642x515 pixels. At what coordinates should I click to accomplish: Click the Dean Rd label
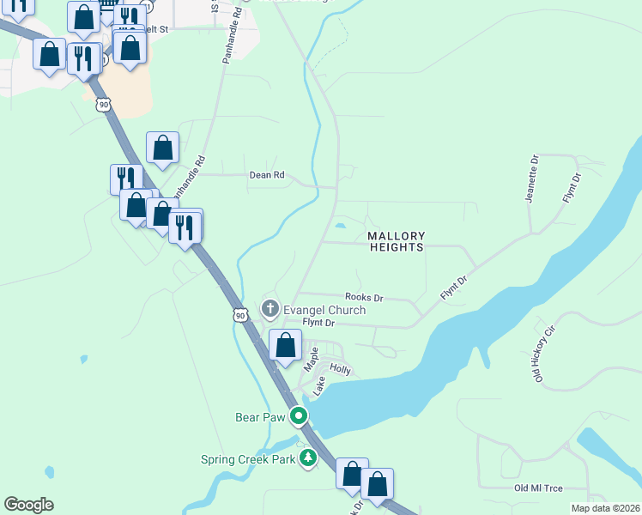point(266,175)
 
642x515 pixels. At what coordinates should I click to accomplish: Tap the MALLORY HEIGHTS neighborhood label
point(396,241)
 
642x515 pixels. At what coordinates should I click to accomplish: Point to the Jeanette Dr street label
point(534,178)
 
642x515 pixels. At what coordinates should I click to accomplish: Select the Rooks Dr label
point(365,298)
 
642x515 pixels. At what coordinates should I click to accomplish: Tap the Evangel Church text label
point(325,310)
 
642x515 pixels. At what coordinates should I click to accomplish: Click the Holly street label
point(341,370)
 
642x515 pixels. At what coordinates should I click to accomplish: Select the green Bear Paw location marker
point(300,418)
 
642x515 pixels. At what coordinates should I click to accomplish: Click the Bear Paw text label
point(261,418)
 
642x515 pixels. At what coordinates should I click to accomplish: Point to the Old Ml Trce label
point(538,488)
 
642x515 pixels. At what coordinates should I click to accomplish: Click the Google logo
point(28,505)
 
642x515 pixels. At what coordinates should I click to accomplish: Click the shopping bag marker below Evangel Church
point(286,345)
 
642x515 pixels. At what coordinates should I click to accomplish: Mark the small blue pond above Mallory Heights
point(341,227)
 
